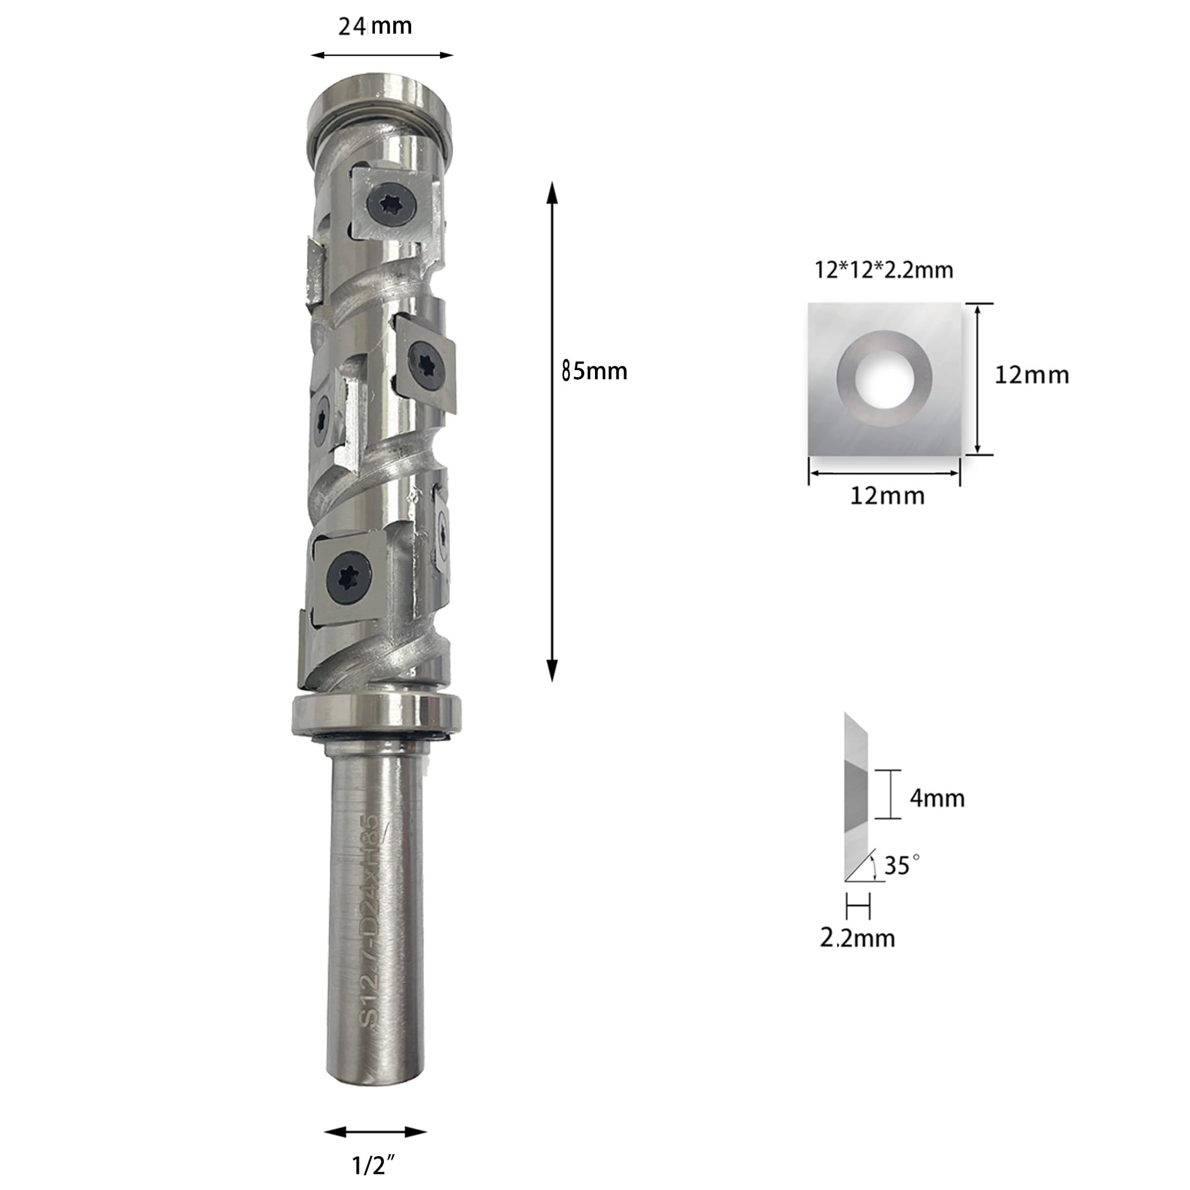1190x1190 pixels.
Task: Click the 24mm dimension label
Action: click(374, 27)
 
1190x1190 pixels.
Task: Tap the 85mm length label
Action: click(594, 371)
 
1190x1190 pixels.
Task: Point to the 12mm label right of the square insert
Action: click(1032, 375)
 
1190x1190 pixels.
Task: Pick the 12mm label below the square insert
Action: click(887, 496)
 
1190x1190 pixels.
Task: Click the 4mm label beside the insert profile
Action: click(937, 798)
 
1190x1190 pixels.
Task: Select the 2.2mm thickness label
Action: click(857, 938)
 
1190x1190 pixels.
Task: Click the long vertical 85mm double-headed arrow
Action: click(553, 431)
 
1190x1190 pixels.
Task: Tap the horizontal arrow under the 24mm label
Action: click(382, 55)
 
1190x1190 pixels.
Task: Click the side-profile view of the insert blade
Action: click(857, 798)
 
